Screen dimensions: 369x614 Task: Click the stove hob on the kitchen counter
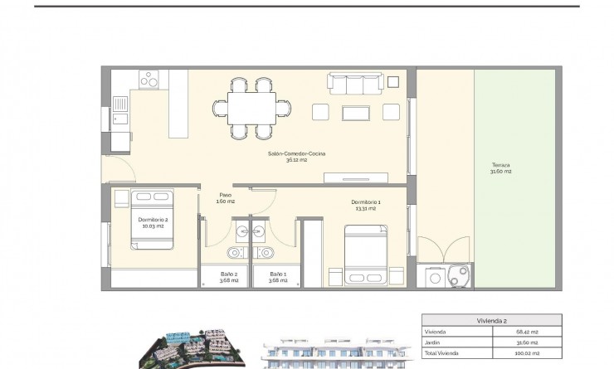[149, 80]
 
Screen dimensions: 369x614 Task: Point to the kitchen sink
[119, 105]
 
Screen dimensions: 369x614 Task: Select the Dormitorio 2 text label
[153, 221]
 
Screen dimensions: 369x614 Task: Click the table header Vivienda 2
[493, 319]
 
